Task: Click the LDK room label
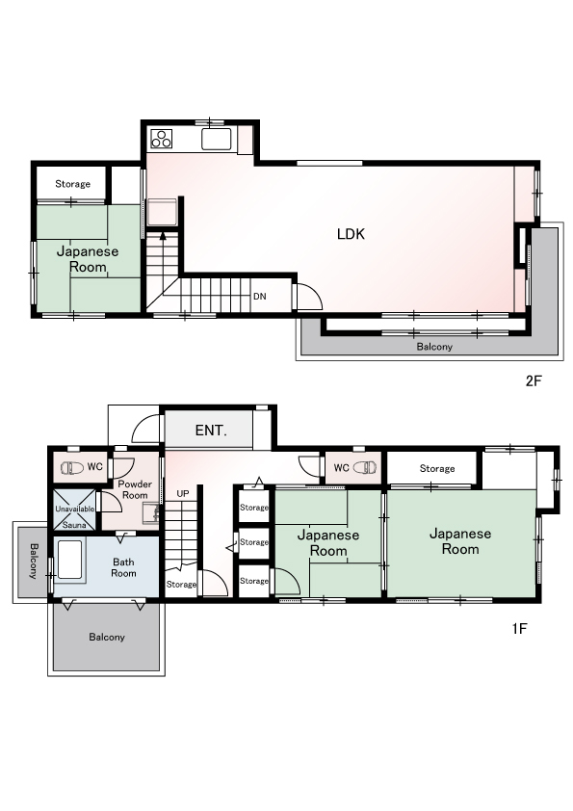tap(351, 234)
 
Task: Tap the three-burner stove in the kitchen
tap(162, 139)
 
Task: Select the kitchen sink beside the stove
tap(217, 139)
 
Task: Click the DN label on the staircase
tap(260, 297)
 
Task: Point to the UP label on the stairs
tap(183, 494)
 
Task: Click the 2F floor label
tap(534, 381)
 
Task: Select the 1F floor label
tap(519, 628)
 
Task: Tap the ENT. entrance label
tap(211, 431)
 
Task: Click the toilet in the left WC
tap(72, 468)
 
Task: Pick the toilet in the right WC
tap(365, 467)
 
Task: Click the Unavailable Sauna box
tap(74, 510)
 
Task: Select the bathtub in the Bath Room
tap(69, 561)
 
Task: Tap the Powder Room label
tap(135, 489)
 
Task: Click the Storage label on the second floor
tap(72, 184)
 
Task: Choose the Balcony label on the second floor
tap(434, 347)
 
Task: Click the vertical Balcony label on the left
tap(34, 561)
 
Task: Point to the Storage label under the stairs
tap(181, 585)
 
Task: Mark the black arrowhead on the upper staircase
tap(163, 236)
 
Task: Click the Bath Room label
tap(123, 567)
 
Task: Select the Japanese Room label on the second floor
tap(88, 259)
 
